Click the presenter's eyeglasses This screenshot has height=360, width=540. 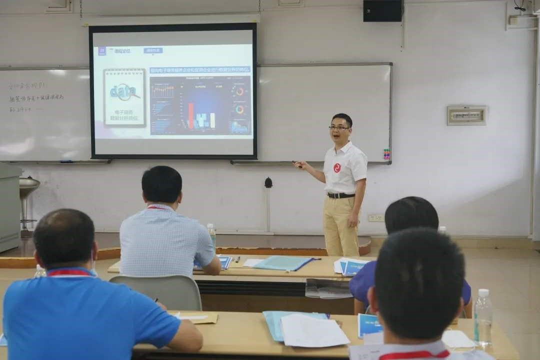pos(339,128)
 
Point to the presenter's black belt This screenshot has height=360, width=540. pos(341,195)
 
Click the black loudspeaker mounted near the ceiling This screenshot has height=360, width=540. pos(383,10)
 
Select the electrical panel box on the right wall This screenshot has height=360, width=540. pos(466,115)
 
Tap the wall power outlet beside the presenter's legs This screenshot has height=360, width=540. pos(375,218)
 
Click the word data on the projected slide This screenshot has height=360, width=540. pos(123,91)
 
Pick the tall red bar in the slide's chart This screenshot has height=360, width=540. pos(190,115)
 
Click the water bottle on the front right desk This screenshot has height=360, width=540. pos(482,317)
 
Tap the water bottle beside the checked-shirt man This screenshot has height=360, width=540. pos(211,235)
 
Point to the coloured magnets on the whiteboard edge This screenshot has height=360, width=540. pos(386,154)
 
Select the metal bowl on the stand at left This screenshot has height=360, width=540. pos(29,184)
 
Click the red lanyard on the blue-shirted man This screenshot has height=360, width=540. pos(70,273)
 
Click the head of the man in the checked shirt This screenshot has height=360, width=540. pos(161,184)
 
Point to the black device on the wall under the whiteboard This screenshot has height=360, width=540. pos(268,183)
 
